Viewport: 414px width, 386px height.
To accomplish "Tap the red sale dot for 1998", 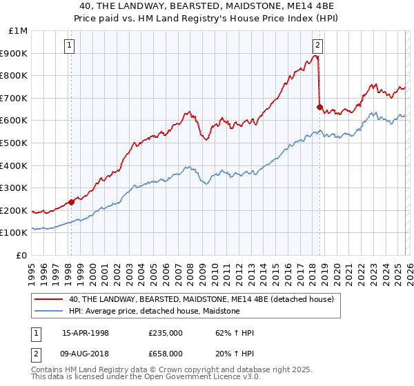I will click(71, 202).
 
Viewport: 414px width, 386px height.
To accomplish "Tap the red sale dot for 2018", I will click(319, 107).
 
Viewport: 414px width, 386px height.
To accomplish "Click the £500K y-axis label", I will click(15, 143).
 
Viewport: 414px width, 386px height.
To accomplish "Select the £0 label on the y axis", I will click(21, 255).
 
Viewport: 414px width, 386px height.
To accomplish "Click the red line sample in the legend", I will click(49, 299).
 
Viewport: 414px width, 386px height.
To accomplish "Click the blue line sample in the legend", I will click(49, 311).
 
